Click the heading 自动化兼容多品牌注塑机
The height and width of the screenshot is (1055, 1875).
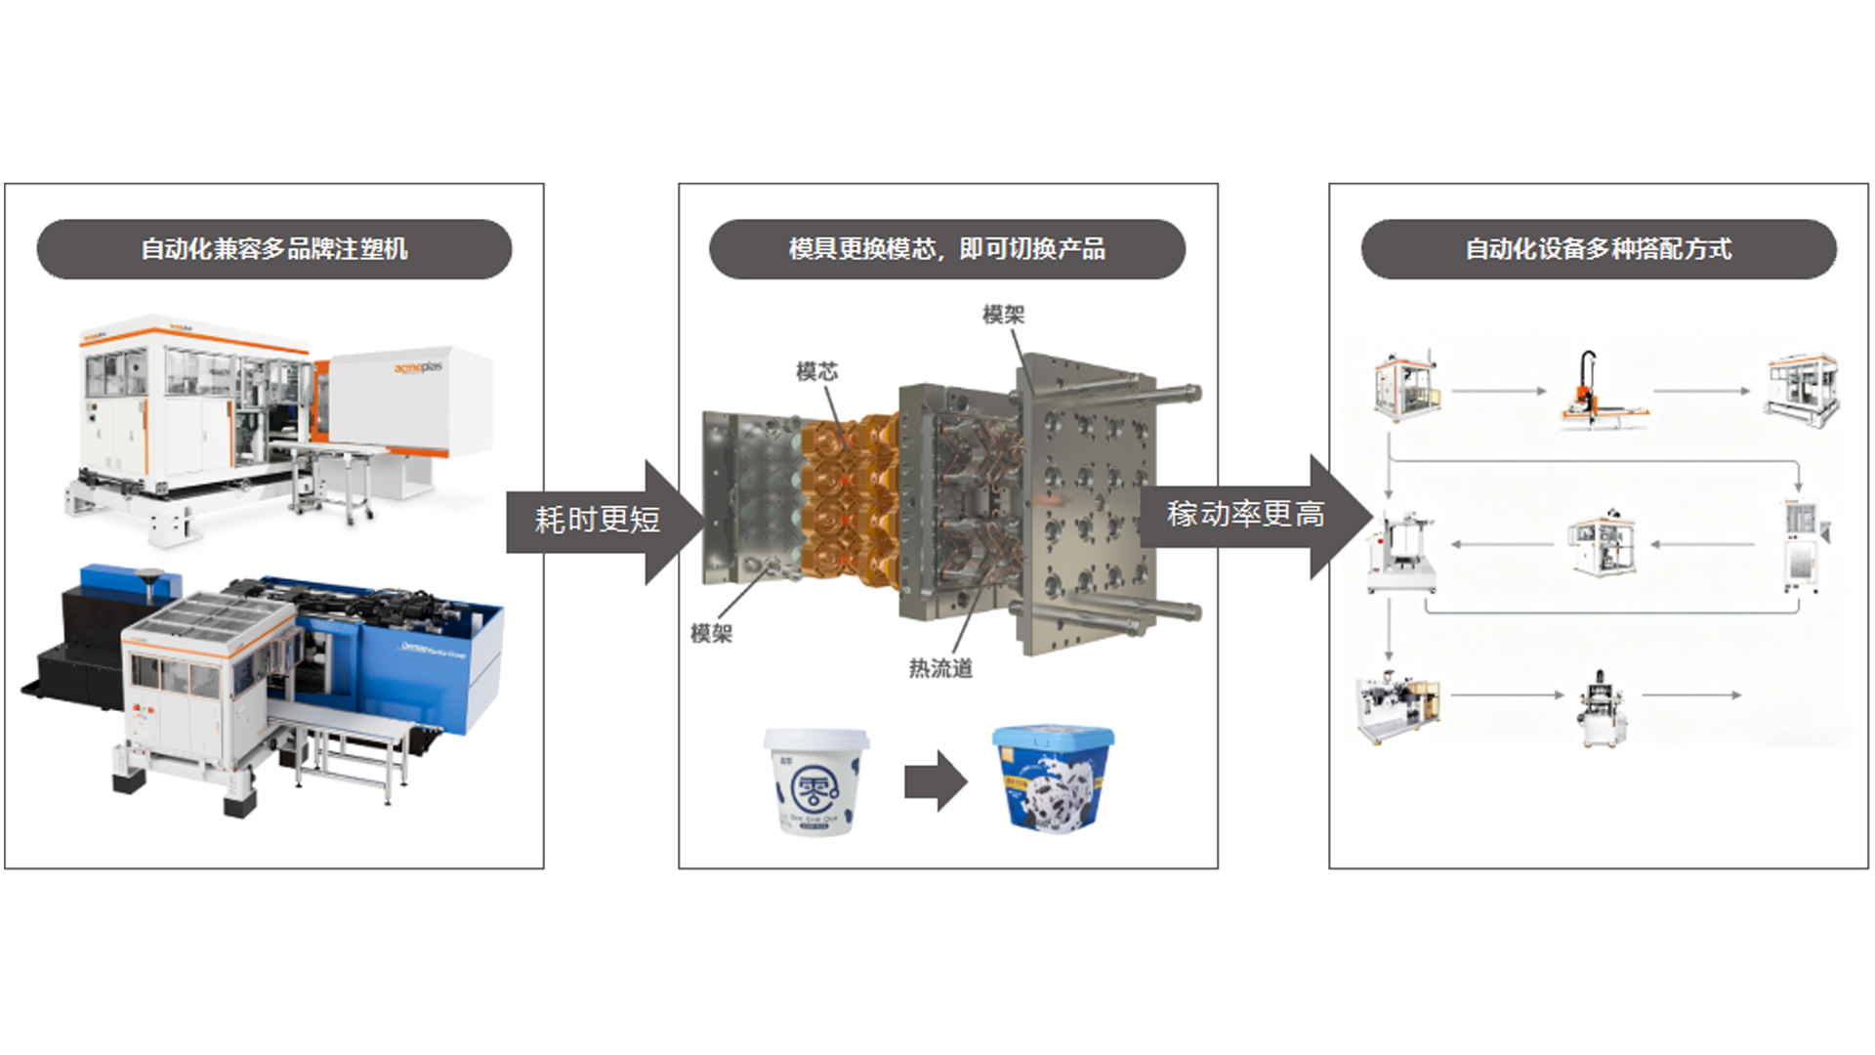(x=274, y=249)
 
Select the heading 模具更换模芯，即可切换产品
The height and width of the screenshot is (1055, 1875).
(x=946, y=249)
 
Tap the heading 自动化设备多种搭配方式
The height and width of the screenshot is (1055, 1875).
(x=1598, y=249)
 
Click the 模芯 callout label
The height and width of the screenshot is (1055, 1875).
(x=816, y=371)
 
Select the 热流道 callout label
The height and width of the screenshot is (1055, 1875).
(x=939, y=668)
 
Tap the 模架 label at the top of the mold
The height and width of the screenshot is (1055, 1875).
(x=1003, y=315)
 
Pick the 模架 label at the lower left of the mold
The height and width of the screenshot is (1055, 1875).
(x=711, y=634)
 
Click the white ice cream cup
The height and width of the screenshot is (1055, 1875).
(x=815, y=781)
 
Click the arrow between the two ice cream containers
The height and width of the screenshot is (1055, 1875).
(x=935, y=781)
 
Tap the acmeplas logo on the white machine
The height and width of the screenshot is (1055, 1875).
(x=418, y=367)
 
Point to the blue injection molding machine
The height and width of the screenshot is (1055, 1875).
(x=410, y=645)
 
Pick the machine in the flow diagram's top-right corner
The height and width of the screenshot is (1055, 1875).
(x=1802, y=389)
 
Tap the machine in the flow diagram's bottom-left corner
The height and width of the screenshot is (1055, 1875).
(x=1396, y=706)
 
